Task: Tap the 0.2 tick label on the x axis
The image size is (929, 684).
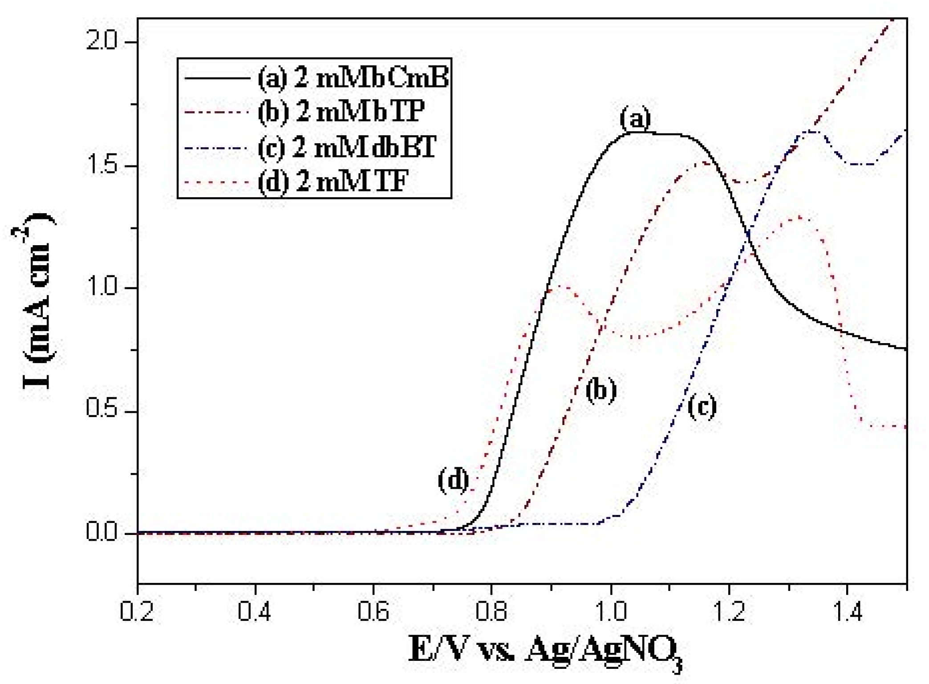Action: pos(137,611)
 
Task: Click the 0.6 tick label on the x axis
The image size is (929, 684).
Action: pos(373,611)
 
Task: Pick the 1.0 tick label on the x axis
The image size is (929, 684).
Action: pos(611,611)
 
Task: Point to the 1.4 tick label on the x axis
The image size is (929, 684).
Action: pos(847,611)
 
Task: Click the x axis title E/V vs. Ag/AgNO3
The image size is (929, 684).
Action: pos(545,651)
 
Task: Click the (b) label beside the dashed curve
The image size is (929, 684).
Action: pos(601,391)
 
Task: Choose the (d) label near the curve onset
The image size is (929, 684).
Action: pos(453,481)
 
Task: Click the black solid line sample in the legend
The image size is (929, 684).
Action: pos(217,78)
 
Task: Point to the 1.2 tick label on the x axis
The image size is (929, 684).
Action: pos(729,611)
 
